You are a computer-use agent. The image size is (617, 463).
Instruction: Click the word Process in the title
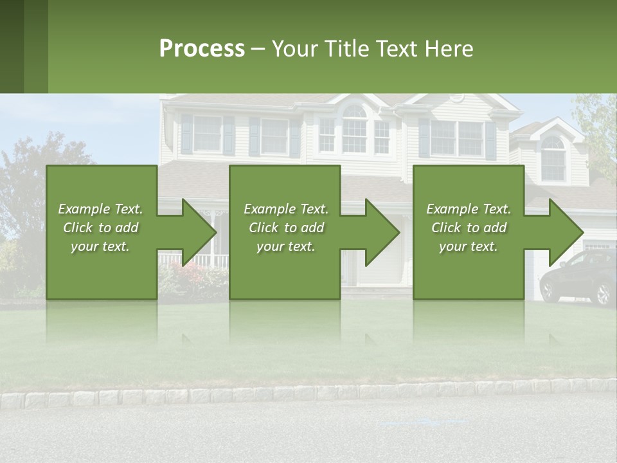pos(202,49)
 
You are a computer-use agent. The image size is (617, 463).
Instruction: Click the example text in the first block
pos(101,228)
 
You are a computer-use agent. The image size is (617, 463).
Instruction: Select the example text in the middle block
pos(286,228)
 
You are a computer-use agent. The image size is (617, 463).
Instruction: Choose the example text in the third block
pos(469,228)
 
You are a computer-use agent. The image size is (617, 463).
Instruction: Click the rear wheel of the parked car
pos(603,295)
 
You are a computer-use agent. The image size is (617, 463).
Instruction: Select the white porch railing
pos(193,260)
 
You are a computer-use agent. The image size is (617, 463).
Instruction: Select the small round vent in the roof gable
pos(457,98)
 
